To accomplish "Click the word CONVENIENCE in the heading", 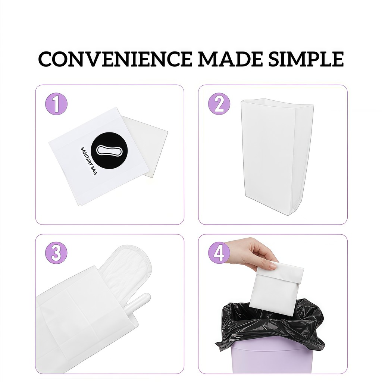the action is click(115, 59).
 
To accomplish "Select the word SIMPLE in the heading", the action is click(306, 59).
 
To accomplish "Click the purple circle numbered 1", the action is click(56, 104).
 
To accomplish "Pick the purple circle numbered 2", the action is click(219, 104).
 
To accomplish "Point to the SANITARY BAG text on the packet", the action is click(89, 161).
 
